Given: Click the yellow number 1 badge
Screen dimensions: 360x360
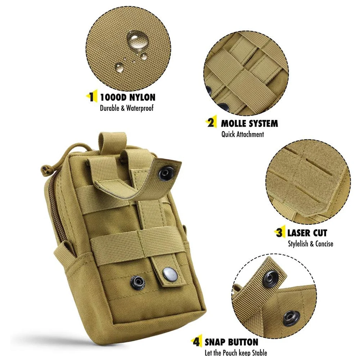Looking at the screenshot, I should (92, 97).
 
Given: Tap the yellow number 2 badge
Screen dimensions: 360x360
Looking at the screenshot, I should (211, 123).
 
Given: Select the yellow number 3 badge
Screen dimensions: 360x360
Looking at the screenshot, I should (280, 233).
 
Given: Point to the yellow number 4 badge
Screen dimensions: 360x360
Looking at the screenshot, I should (197, 342).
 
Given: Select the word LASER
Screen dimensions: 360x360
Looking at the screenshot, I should (299, 233).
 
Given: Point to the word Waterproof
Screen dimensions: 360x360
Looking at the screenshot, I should (138, 108).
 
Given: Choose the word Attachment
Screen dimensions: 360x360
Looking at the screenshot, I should (251, 134).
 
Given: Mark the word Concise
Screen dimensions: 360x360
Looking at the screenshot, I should (324, 244).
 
